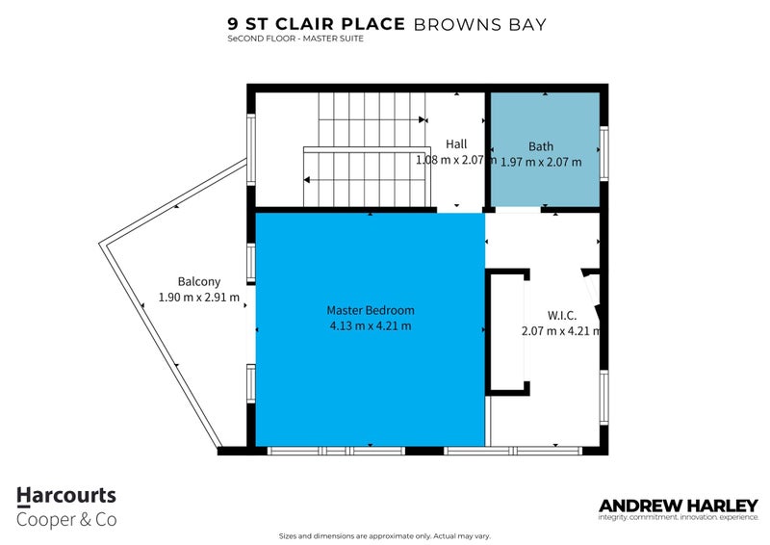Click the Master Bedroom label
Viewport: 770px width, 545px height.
point(370,310)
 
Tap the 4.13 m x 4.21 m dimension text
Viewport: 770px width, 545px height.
point(370,325)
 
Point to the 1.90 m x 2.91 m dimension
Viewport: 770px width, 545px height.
point(198,298)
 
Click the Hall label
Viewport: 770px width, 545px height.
point(455,145)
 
